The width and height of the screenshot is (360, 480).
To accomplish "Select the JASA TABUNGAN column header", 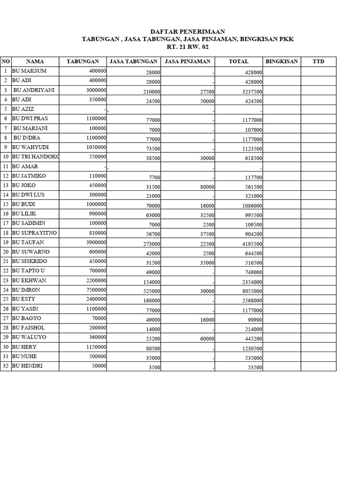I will point(133,61).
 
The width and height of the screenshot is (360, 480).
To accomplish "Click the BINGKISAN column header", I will point(281,61).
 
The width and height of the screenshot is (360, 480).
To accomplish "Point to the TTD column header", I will point(318,61).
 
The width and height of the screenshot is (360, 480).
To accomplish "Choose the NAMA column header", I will point(35,61).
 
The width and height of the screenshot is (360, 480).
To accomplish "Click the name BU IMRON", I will point(26,290).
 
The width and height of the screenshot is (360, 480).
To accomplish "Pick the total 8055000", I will point(252,291).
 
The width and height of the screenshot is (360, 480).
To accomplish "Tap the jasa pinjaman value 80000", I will point(207,187).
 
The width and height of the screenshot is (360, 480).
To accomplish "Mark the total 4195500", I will point(252,244).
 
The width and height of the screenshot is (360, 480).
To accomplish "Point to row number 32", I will point(6,366).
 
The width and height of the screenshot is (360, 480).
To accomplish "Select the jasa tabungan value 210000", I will point(151,91).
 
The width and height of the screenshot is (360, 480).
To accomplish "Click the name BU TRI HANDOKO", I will point(36,157).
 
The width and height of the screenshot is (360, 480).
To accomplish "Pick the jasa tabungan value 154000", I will point(151,282).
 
